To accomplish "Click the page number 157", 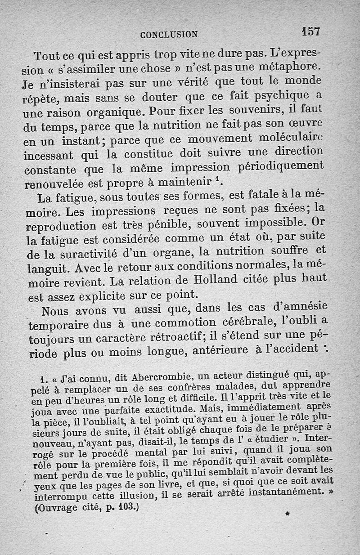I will click(310, 32).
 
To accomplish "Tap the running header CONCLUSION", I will click(168, 34).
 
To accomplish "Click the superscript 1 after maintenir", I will click(218, 179).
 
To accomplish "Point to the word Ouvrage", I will click(57, 509).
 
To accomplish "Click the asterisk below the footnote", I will click(287, 512).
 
